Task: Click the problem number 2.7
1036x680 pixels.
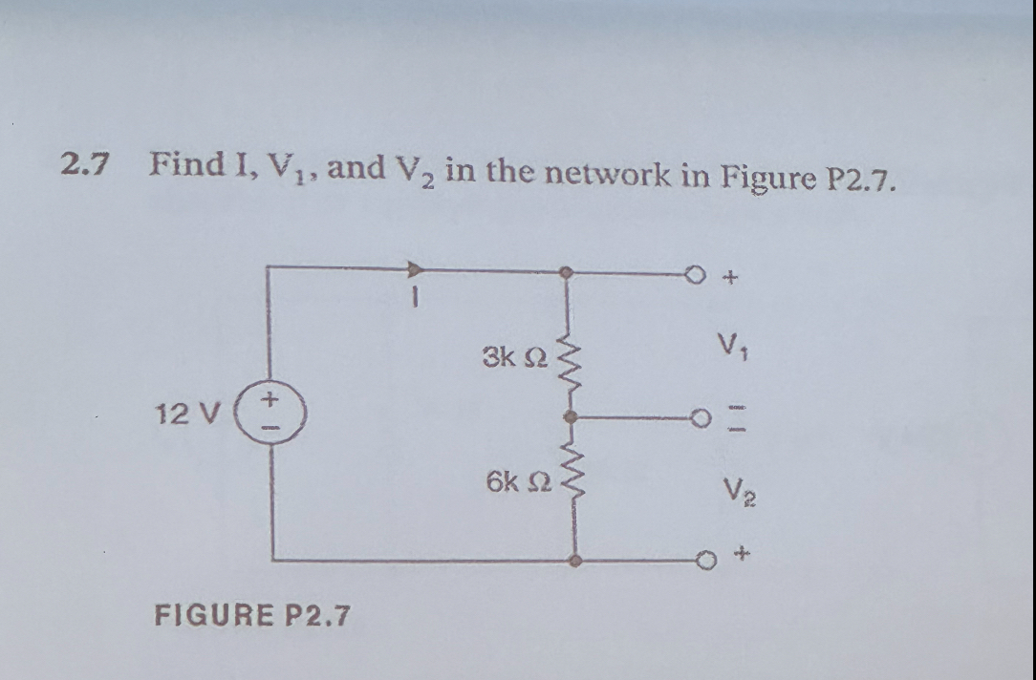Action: pyautogui.click(x=83, y=163)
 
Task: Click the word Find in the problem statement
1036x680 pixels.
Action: pyautogui.click(x=186, y=163)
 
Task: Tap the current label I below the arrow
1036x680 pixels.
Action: pyautogui.click(x=413, y=297)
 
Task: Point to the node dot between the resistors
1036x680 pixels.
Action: pyautogui.click(x=570, y=417)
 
